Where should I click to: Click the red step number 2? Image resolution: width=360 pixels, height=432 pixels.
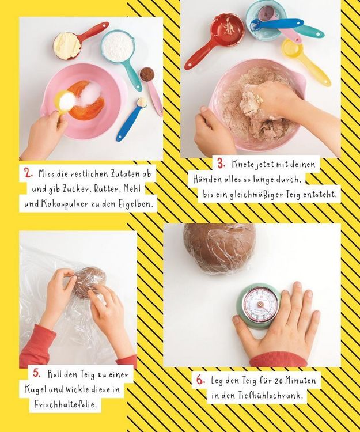click(28, 173)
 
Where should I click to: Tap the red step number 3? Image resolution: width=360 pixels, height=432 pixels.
click(221, 164)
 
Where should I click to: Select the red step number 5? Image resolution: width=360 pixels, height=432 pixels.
click(37, 373)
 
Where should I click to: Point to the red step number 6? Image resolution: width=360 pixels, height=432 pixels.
click(200, 380)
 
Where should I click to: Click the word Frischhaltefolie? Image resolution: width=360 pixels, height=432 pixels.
click(66, 405)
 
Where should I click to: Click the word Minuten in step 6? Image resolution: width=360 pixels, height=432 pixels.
click(300, 381)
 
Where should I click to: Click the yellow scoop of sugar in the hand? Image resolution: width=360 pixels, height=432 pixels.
click(65, 102)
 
